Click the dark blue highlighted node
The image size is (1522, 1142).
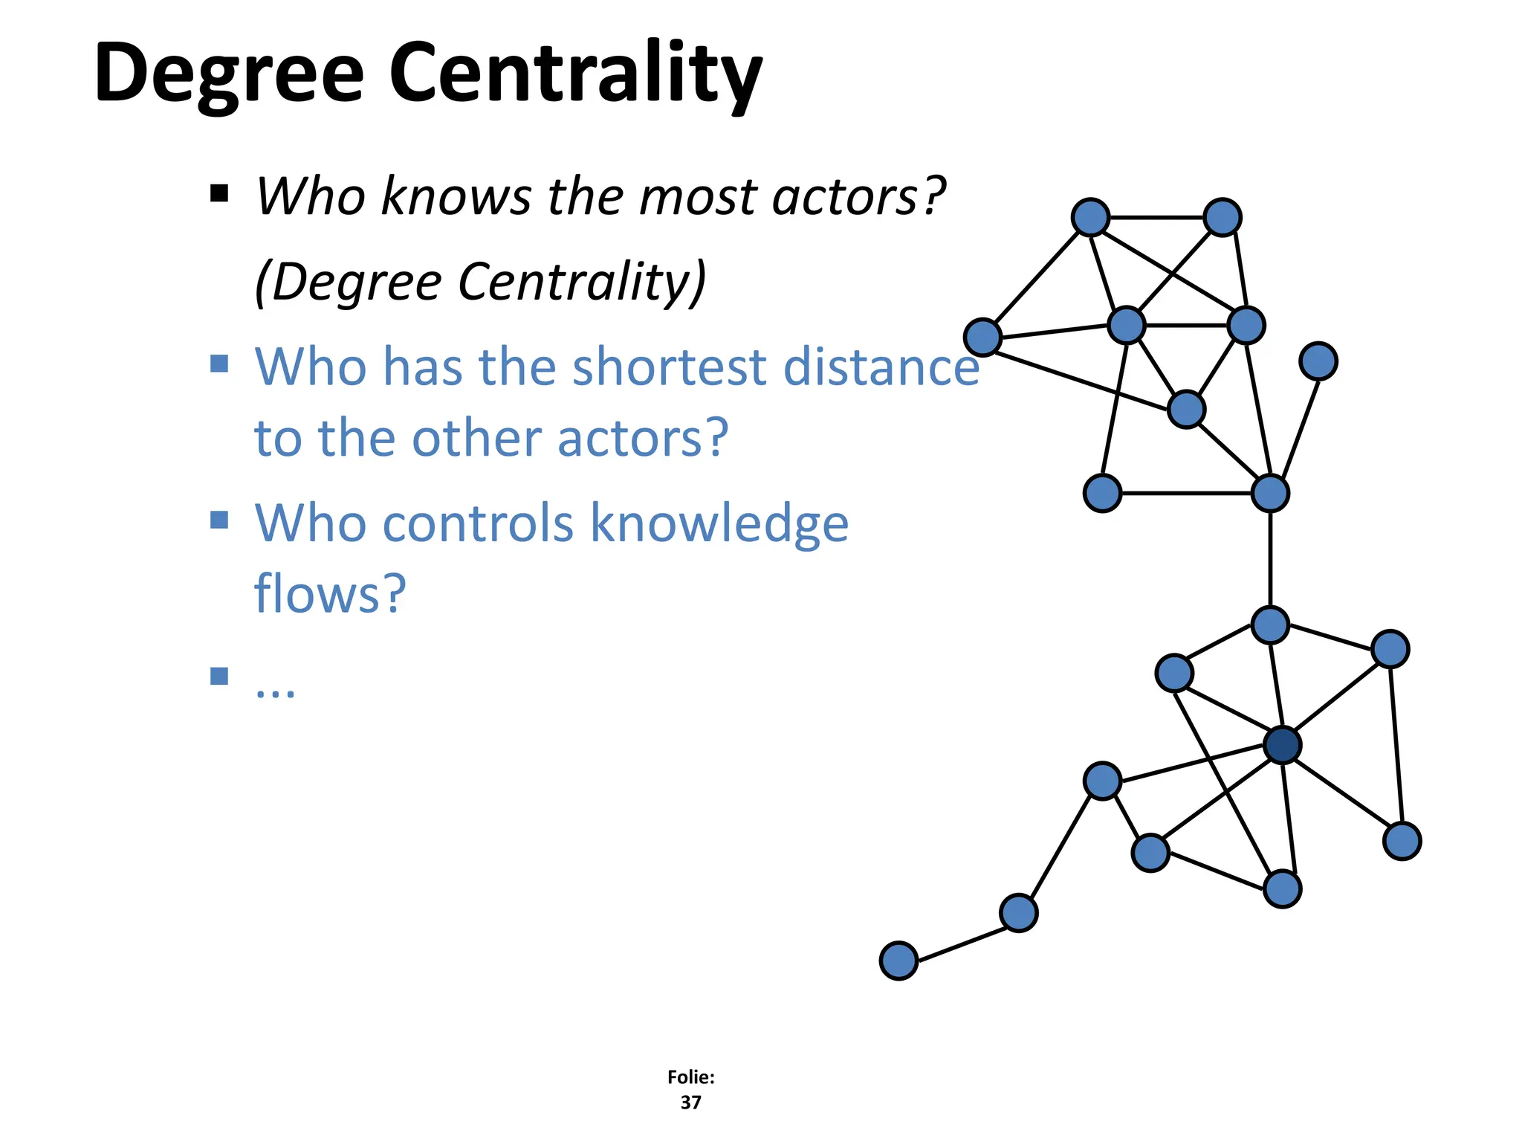[1282, 745]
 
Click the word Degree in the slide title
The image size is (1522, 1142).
[229, 74]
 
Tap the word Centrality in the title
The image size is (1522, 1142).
[575, 74]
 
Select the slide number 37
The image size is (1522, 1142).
[690, 1102]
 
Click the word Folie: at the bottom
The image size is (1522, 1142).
[690, 1077]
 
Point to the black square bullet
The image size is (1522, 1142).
[219, 194]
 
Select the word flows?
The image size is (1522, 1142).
[330, 593]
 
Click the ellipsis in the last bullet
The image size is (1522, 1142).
[275, 688]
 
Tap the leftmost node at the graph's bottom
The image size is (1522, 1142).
[898, 961]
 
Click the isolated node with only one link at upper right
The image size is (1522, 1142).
[1318, 361]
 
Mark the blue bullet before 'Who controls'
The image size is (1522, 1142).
[219, 519]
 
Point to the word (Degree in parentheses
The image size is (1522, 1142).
[348, 282]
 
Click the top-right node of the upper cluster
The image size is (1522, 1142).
[1223, 217]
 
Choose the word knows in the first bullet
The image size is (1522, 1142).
[456, 197]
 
